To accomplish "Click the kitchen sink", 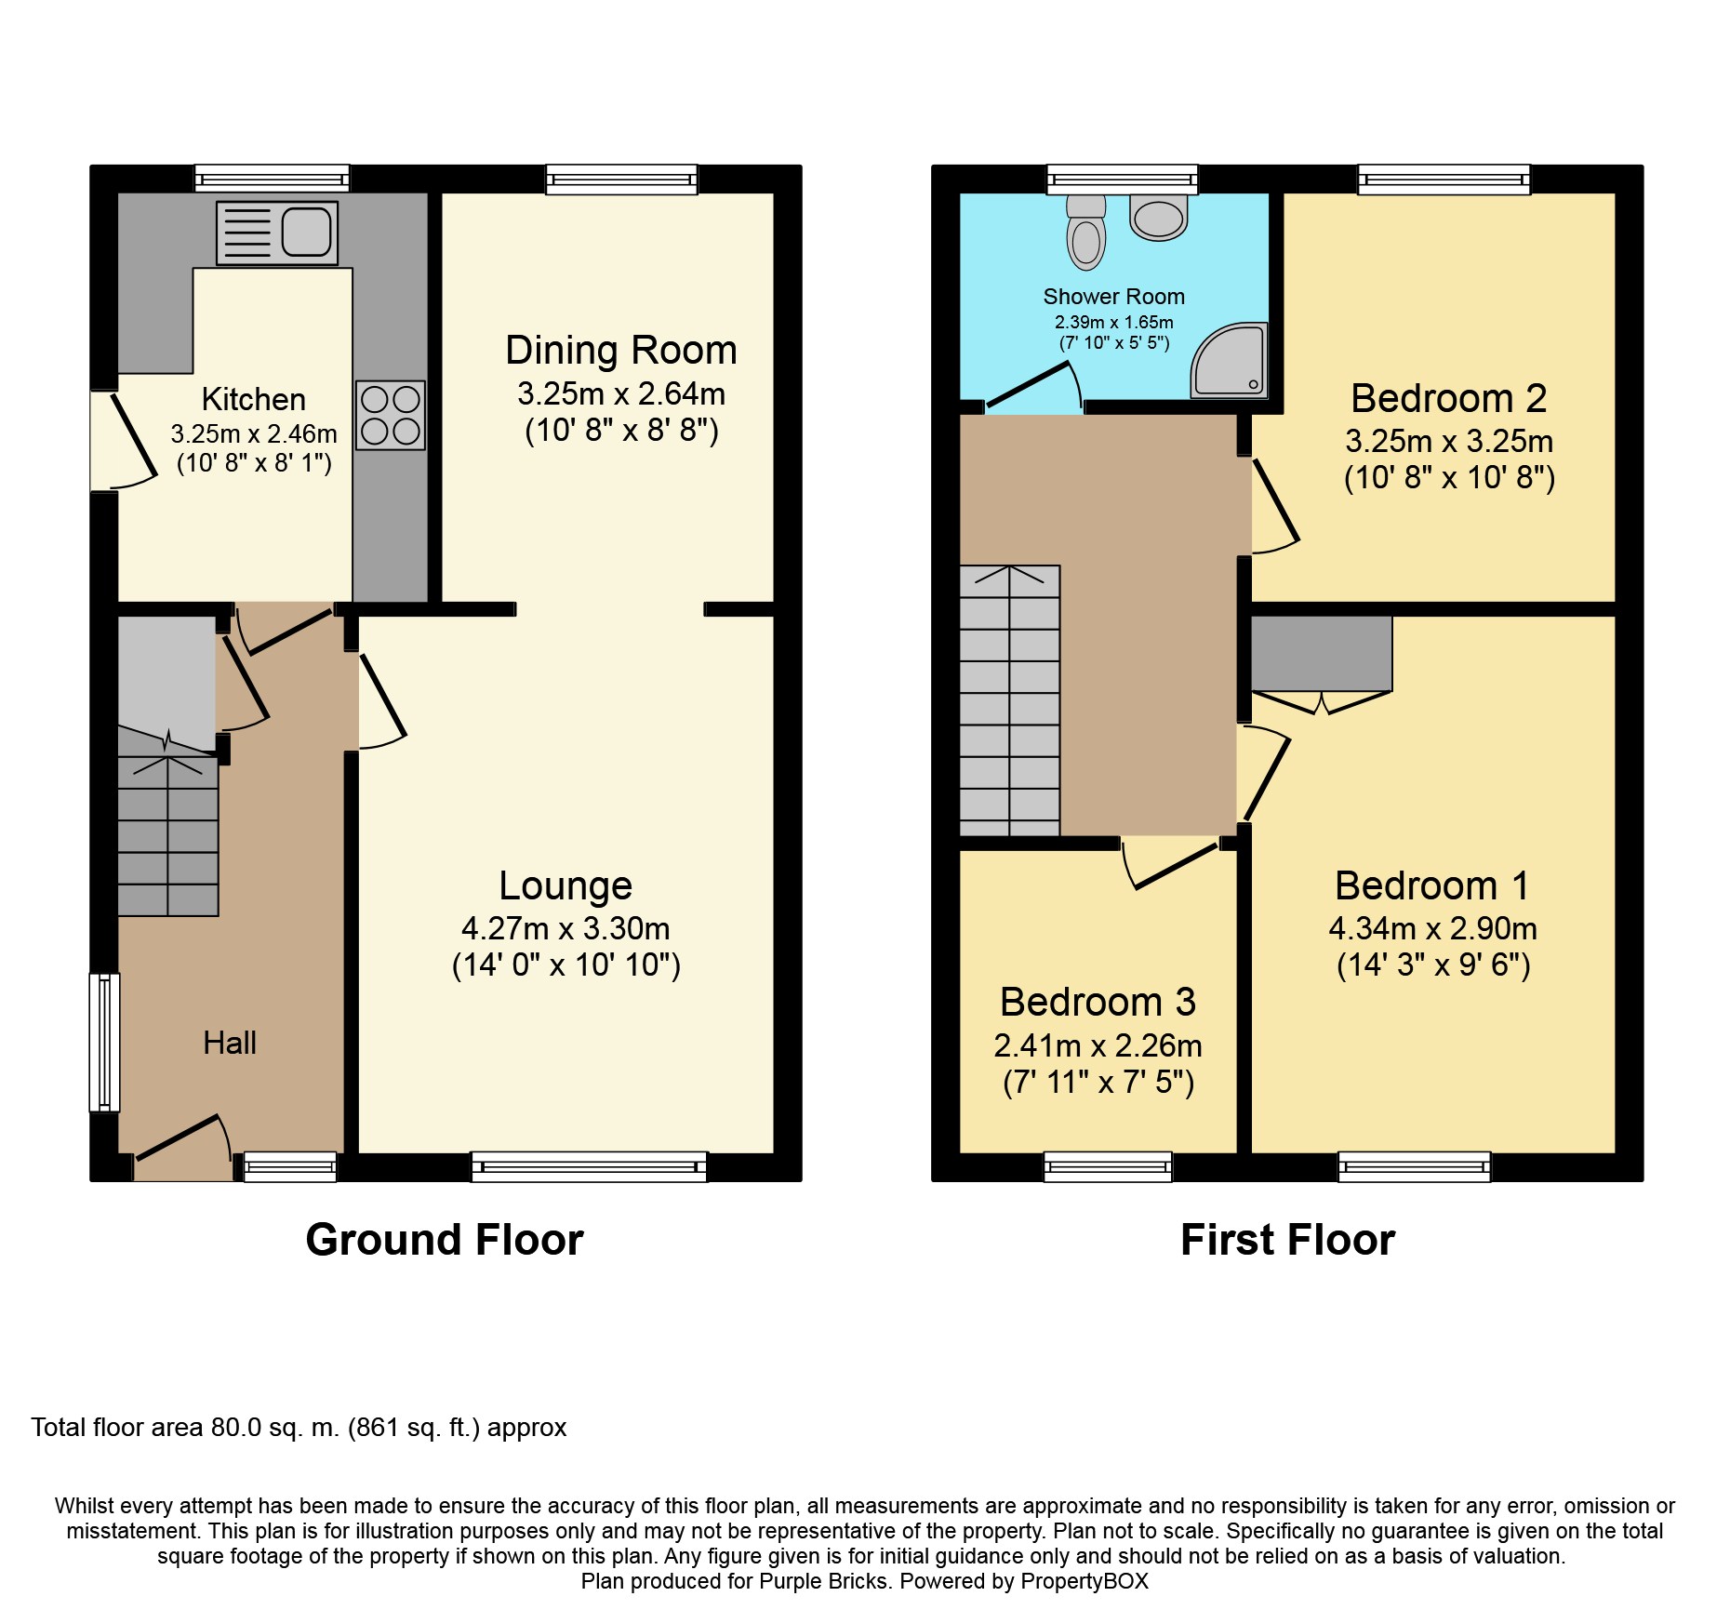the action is click(x=277, y=233).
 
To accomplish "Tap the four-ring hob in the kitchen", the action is click(x=391, y=415).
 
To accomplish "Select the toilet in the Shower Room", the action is click(x=1086, y=232).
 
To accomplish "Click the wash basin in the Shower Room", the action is click(x=1158, y=218).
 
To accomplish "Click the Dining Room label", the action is click(x=621, y=351).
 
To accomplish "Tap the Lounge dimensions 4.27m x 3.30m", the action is click(x=566, y=928).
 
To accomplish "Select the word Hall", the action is click(x=230, y=1043).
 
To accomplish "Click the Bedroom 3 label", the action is click(x=1098, y=1002).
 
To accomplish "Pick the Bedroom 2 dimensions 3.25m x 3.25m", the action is click(x=1449, y=441).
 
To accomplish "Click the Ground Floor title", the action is click(x=445, y=1240).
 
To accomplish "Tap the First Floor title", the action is click(x=1287, y=1240).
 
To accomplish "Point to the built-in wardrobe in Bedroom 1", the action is click(x=1322, y=654).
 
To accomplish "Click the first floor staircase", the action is click(x=1010, y=700).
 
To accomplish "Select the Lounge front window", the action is click(x=589, y=1166).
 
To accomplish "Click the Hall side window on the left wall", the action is click(x=104, y=1042).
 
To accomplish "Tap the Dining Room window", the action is click(x=621, y=180).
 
